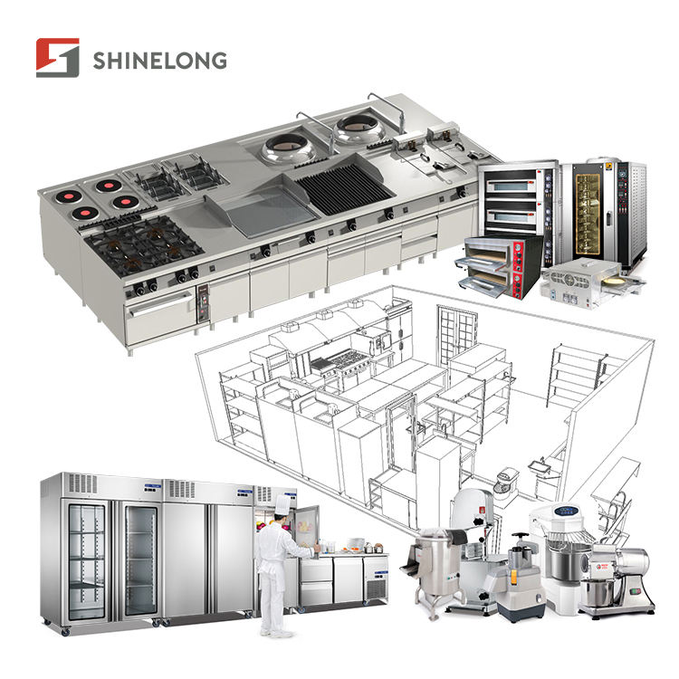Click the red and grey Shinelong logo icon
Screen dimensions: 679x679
(58, 58)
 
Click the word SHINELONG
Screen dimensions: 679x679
(159, 60)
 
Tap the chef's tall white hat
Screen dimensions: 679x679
(282, 505)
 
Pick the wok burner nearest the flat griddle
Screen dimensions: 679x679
(290, 148)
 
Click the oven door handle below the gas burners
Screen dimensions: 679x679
(160, 303)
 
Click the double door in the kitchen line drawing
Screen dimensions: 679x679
(456, 335)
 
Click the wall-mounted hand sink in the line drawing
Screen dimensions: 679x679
(539, 467)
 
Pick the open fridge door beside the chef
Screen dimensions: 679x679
(306, 530)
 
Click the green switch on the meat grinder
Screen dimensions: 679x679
(636, 590)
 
